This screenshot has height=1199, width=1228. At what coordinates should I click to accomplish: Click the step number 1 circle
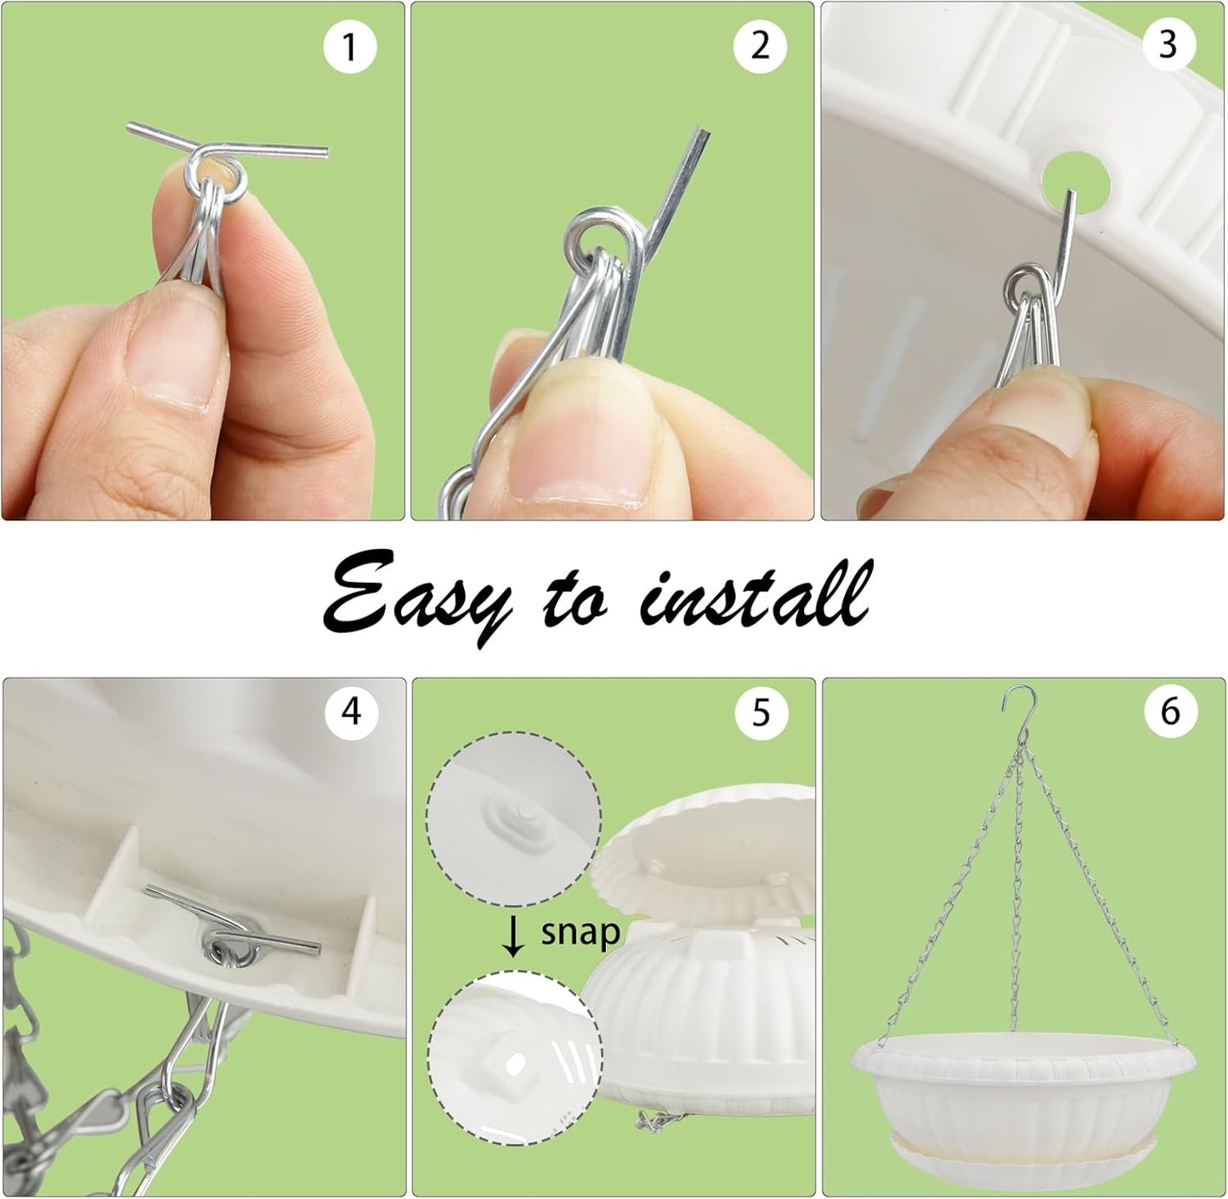(349, 48)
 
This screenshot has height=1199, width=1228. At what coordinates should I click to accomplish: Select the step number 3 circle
(1167, 44)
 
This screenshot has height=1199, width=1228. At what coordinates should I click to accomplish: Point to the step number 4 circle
(351, 710)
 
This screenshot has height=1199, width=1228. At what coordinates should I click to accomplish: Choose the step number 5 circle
(760, 711)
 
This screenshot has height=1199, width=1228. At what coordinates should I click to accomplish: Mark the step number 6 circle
(1169, 710)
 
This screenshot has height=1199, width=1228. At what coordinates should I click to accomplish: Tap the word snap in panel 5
(580, 932)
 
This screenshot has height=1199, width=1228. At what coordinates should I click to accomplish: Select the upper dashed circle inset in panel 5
(513, 816)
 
